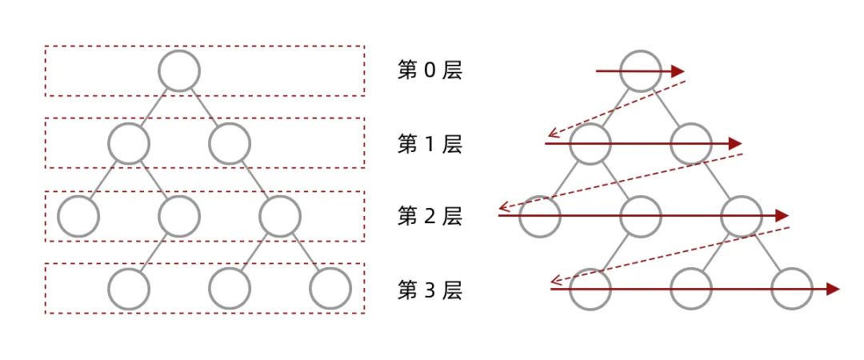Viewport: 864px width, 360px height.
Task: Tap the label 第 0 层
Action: (x=430, y=70)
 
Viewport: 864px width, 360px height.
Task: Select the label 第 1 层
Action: (x=430, y=144)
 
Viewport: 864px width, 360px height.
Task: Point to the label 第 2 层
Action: (x=430, y=217)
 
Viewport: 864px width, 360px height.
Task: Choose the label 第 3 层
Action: (x=430, y=290)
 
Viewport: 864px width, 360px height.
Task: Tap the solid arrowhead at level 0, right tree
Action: (x=678, y=71)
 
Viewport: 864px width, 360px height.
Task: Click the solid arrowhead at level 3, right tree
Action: (x=833, y=289)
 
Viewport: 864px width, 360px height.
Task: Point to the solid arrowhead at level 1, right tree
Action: (x=736, y=144)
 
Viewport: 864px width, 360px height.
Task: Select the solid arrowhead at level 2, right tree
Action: (x=782, y=216)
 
